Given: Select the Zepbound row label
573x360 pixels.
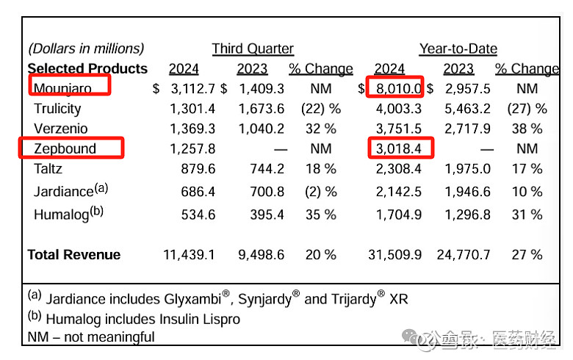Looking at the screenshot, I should [x=65, y=148].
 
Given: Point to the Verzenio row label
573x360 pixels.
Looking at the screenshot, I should [x=61, y=129].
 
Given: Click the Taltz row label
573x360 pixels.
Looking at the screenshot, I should [x=48, y=168].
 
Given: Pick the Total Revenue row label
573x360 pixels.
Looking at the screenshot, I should [x=73, y=255].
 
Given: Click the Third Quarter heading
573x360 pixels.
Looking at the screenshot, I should [x=253, y=49].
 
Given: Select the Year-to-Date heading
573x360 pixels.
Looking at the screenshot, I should [x=458, y=49].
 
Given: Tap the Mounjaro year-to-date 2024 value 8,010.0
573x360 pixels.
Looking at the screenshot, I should [x=397, y=89].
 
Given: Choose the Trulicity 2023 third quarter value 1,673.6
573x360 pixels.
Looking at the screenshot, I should [x=261, y=109].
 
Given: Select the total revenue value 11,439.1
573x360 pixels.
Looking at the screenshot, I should [x=190, y=255].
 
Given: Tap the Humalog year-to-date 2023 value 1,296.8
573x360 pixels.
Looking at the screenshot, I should [x=467, y=215].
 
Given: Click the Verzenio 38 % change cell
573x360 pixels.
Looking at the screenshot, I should [x=527, y=129].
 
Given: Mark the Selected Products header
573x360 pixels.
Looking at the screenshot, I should [x=87, y=69].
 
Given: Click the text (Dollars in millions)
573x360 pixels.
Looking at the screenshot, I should [x=86, y=49].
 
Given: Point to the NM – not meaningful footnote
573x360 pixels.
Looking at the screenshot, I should [x=91, y=337].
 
